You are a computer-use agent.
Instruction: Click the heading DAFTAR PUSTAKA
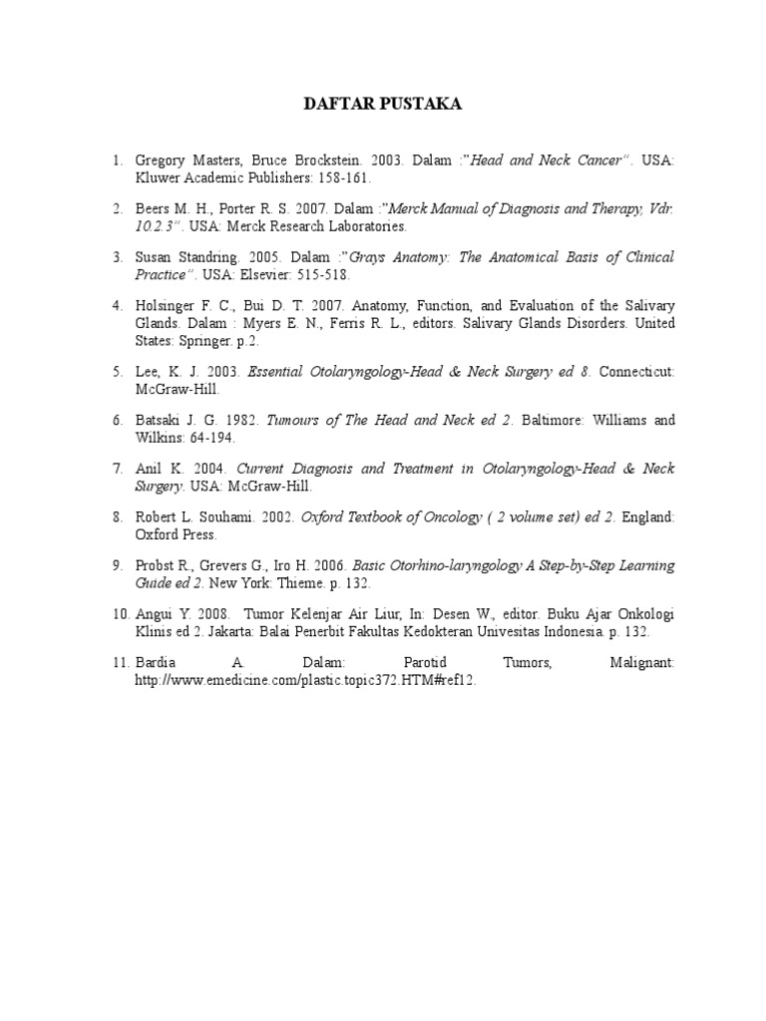click(383, 105)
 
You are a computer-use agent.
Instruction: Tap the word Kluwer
click(157, 177)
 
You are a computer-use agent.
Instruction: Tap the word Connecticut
click(638, 371)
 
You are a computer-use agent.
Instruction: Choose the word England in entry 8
click(649, 516)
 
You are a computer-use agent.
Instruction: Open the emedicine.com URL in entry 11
click(299, 679)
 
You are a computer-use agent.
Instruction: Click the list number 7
click(117, 469)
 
